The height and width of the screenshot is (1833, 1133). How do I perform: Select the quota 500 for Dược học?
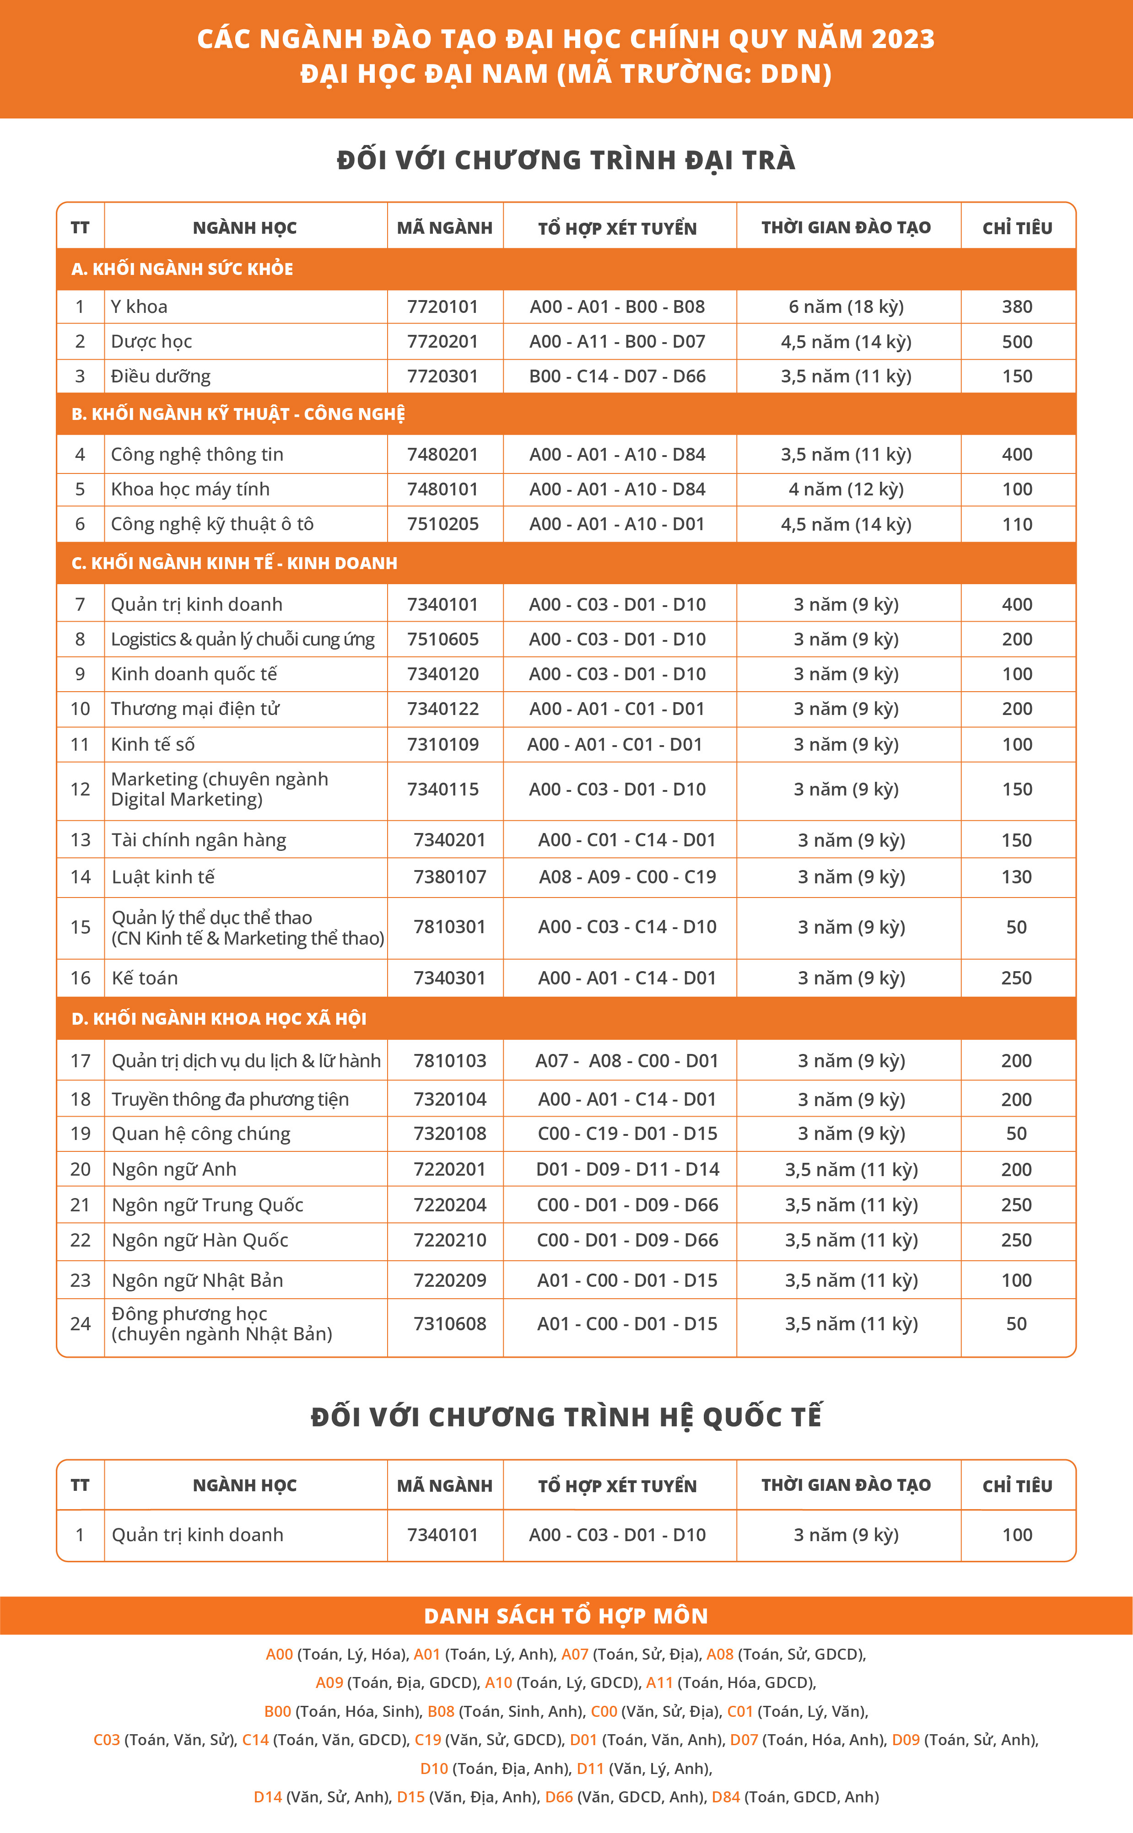(x=1017, y=342)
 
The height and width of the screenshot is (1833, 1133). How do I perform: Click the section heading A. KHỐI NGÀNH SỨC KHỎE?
(x=182, y=269)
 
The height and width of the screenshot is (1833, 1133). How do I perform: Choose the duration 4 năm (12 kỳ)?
(x=846, y=489)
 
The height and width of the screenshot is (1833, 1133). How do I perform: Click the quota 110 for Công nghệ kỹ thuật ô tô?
(x=1017, y=524)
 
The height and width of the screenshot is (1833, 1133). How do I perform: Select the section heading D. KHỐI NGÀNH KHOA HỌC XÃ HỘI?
(x=219, y=1019)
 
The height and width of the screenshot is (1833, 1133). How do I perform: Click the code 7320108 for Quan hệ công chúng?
(x=450, y=1134)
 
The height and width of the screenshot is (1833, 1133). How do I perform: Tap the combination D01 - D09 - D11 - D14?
(x=627, y=1169)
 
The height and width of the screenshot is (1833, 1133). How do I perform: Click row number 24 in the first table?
(x=80, y=1323)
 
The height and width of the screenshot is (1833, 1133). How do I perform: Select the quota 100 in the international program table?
(x=1017, y=1535)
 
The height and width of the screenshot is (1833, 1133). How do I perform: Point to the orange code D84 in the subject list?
(x=725, y=1796)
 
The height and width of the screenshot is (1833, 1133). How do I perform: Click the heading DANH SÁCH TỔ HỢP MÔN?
(x=566, y=1616)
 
